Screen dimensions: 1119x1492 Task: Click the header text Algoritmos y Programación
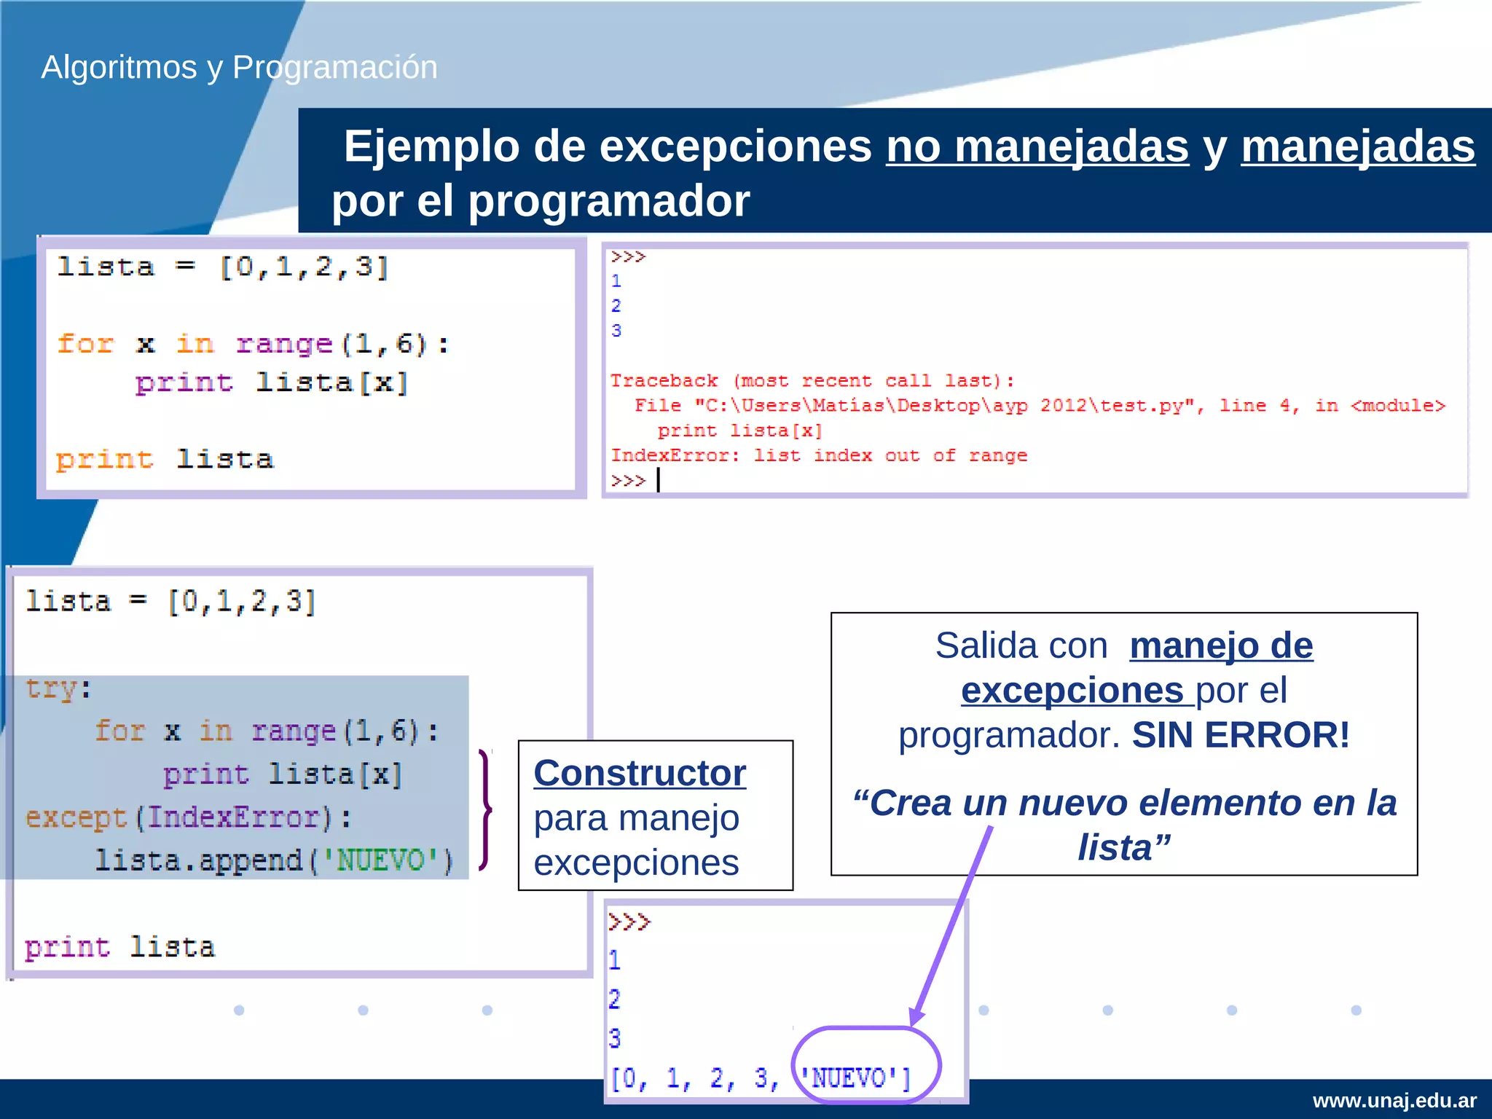(x=239, y=67)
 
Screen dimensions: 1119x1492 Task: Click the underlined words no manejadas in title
(x=1037, y=146)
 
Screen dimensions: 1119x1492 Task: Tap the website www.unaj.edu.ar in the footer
(x=1394, y=1100)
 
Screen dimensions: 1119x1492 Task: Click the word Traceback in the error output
(x=664, y=381)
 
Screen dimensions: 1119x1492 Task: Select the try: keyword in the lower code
(x=58, y=688)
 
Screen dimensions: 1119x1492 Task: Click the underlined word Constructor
(x=640, y=773)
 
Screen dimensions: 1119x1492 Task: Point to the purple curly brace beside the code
(x=485, y=809)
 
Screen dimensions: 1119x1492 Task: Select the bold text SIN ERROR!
(x=1240, y=734)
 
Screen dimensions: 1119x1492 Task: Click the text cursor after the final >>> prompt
(x=659, y=480)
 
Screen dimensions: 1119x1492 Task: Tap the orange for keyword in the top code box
(x=86, y=343)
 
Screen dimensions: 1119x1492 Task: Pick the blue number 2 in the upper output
(x=616, y=305)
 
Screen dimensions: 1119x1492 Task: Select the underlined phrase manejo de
(x=1221, y=645)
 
